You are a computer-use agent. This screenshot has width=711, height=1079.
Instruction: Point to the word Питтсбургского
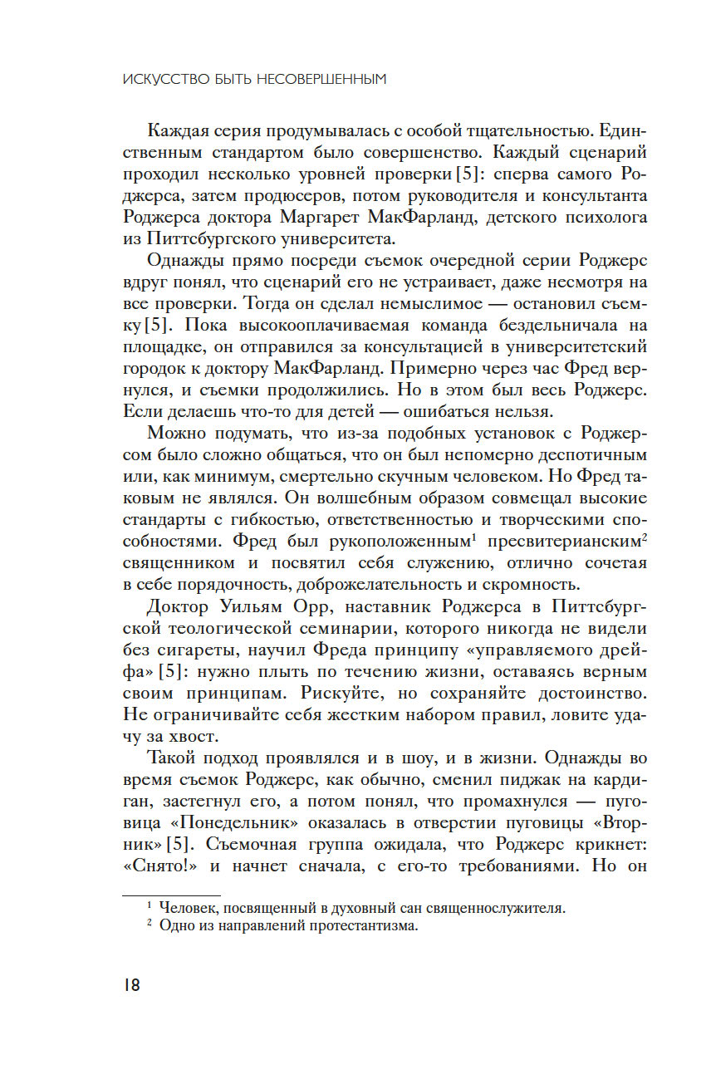coord(213,239)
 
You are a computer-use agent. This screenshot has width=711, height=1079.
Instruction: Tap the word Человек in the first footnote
coord(189,908)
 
